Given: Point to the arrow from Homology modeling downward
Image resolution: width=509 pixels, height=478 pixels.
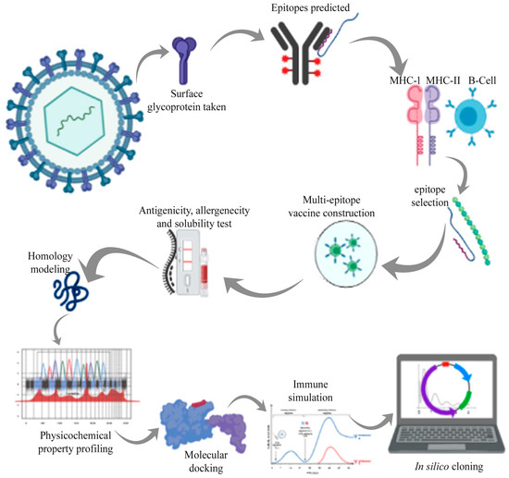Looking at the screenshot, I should (60, 324).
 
